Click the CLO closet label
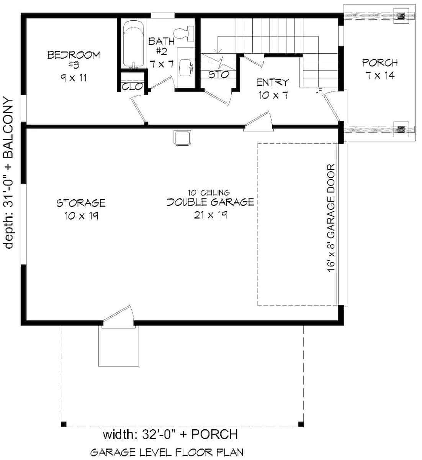132,87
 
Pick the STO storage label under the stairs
219,74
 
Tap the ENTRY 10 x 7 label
273,89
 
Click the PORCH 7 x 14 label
380,69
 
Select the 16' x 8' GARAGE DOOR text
332,219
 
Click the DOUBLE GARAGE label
210,202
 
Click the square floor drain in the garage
182,138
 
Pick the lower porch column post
401,129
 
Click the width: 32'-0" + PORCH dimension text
170,434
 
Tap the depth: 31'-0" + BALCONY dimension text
9,172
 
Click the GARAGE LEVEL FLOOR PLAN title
167,452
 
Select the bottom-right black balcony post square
301,424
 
